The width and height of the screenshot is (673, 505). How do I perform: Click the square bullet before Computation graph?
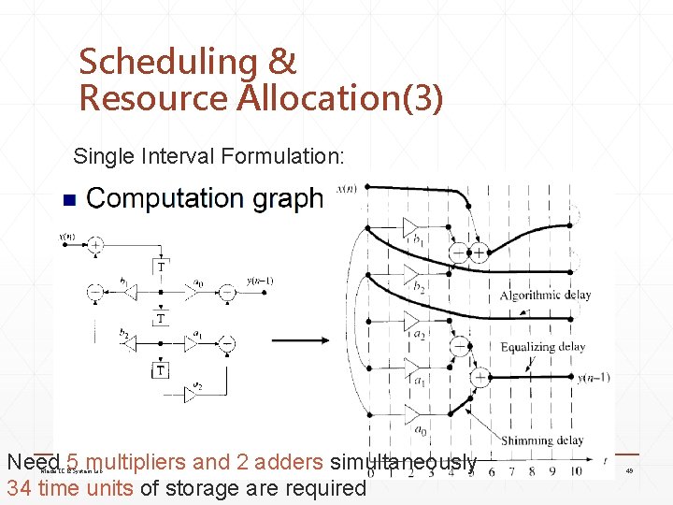pyautogui.click(x=66, y=200)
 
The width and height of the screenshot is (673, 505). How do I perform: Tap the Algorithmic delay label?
pyautogui.click(x=545, y=296)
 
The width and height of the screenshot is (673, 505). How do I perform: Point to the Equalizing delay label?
pyautogui.click(x=542, y=347)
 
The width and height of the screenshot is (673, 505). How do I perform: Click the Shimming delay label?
pyautogui.click(x=542, y=440)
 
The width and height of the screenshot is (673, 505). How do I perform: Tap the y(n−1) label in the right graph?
pyautogui.click(x=594, y=378)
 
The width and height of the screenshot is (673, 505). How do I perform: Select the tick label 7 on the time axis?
pyautogui.click(x=512, y=471)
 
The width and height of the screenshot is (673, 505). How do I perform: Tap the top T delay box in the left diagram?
pyautogui.click(x=162, y=267)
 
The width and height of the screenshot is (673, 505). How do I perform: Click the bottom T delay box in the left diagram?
pyautogui.click(x=161, y=371)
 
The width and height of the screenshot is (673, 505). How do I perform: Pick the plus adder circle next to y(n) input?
pyautogui.click(x=95, y=244)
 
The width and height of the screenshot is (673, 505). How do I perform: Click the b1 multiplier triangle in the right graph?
pyautogui.click(x=410, y=226)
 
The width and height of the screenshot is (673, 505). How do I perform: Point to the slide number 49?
pyautogui.click(x=629, y=471)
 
